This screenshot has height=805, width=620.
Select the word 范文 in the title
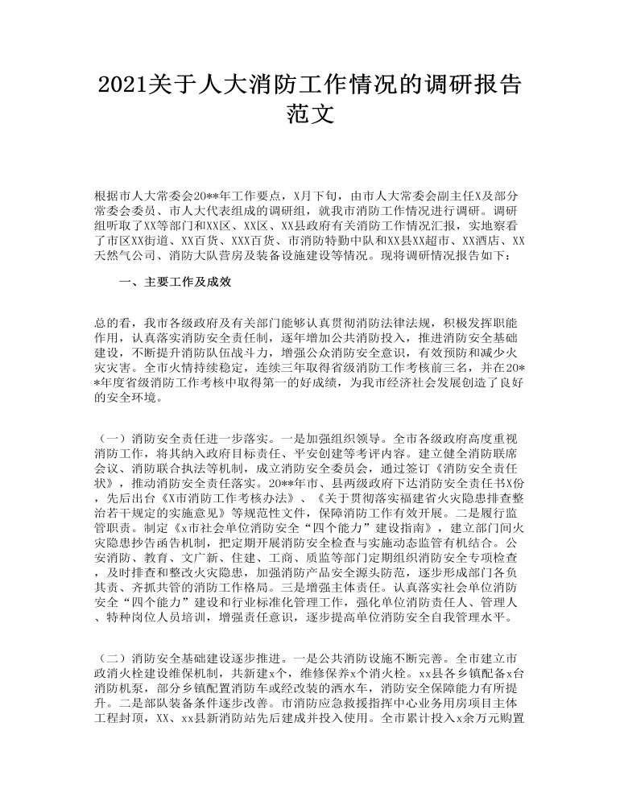click(x=310, y=114)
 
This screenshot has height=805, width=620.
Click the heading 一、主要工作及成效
click(x=175, y=282)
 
